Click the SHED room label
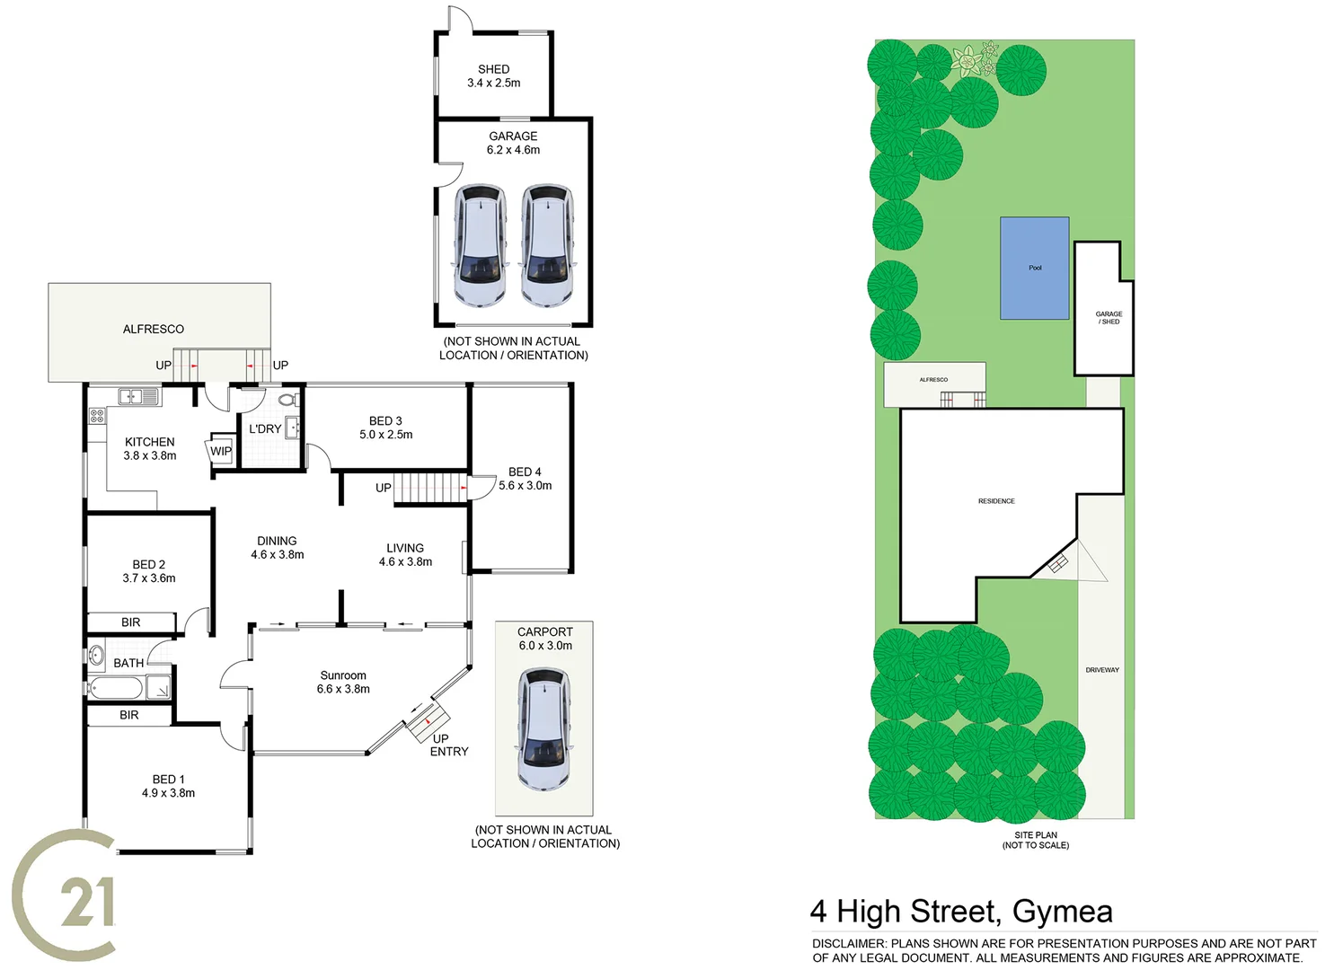493,69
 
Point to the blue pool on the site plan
1035,268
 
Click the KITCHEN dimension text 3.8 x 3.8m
150,456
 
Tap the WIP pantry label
221,451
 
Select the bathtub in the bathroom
117,689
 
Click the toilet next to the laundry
287,400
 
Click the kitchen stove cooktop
97,416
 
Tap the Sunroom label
343,675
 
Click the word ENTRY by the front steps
449,752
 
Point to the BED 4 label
525,472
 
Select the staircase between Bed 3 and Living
429,488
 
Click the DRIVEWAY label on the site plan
1102,670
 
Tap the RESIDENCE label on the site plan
996,501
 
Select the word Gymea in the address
1062,912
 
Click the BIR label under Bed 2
131,622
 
